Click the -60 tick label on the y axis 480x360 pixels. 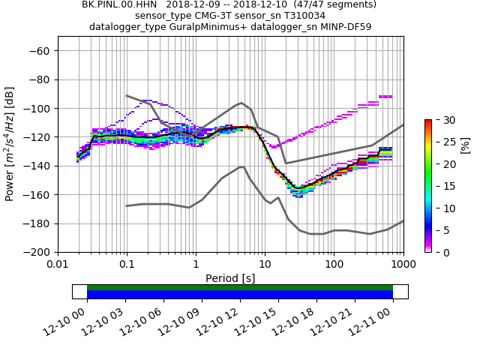(x=39, y=50)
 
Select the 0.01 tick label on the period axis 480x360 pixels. (x=58, y=265)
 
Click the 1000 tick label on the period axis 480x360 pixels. (x=403, y=265)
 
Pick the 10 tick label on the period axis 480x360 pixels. (x=265, y=265)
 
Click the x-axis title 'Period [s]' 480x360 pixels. (x=230, y=278)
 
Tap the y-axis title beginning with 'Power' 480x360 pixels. (x=10, y=144)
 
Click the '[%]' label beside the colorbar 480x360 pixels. (x=464, y=186)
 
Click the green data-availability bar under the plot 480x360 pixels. (x=240, y=287)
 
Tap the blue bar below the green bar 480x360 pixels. (x=240, y=295)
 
